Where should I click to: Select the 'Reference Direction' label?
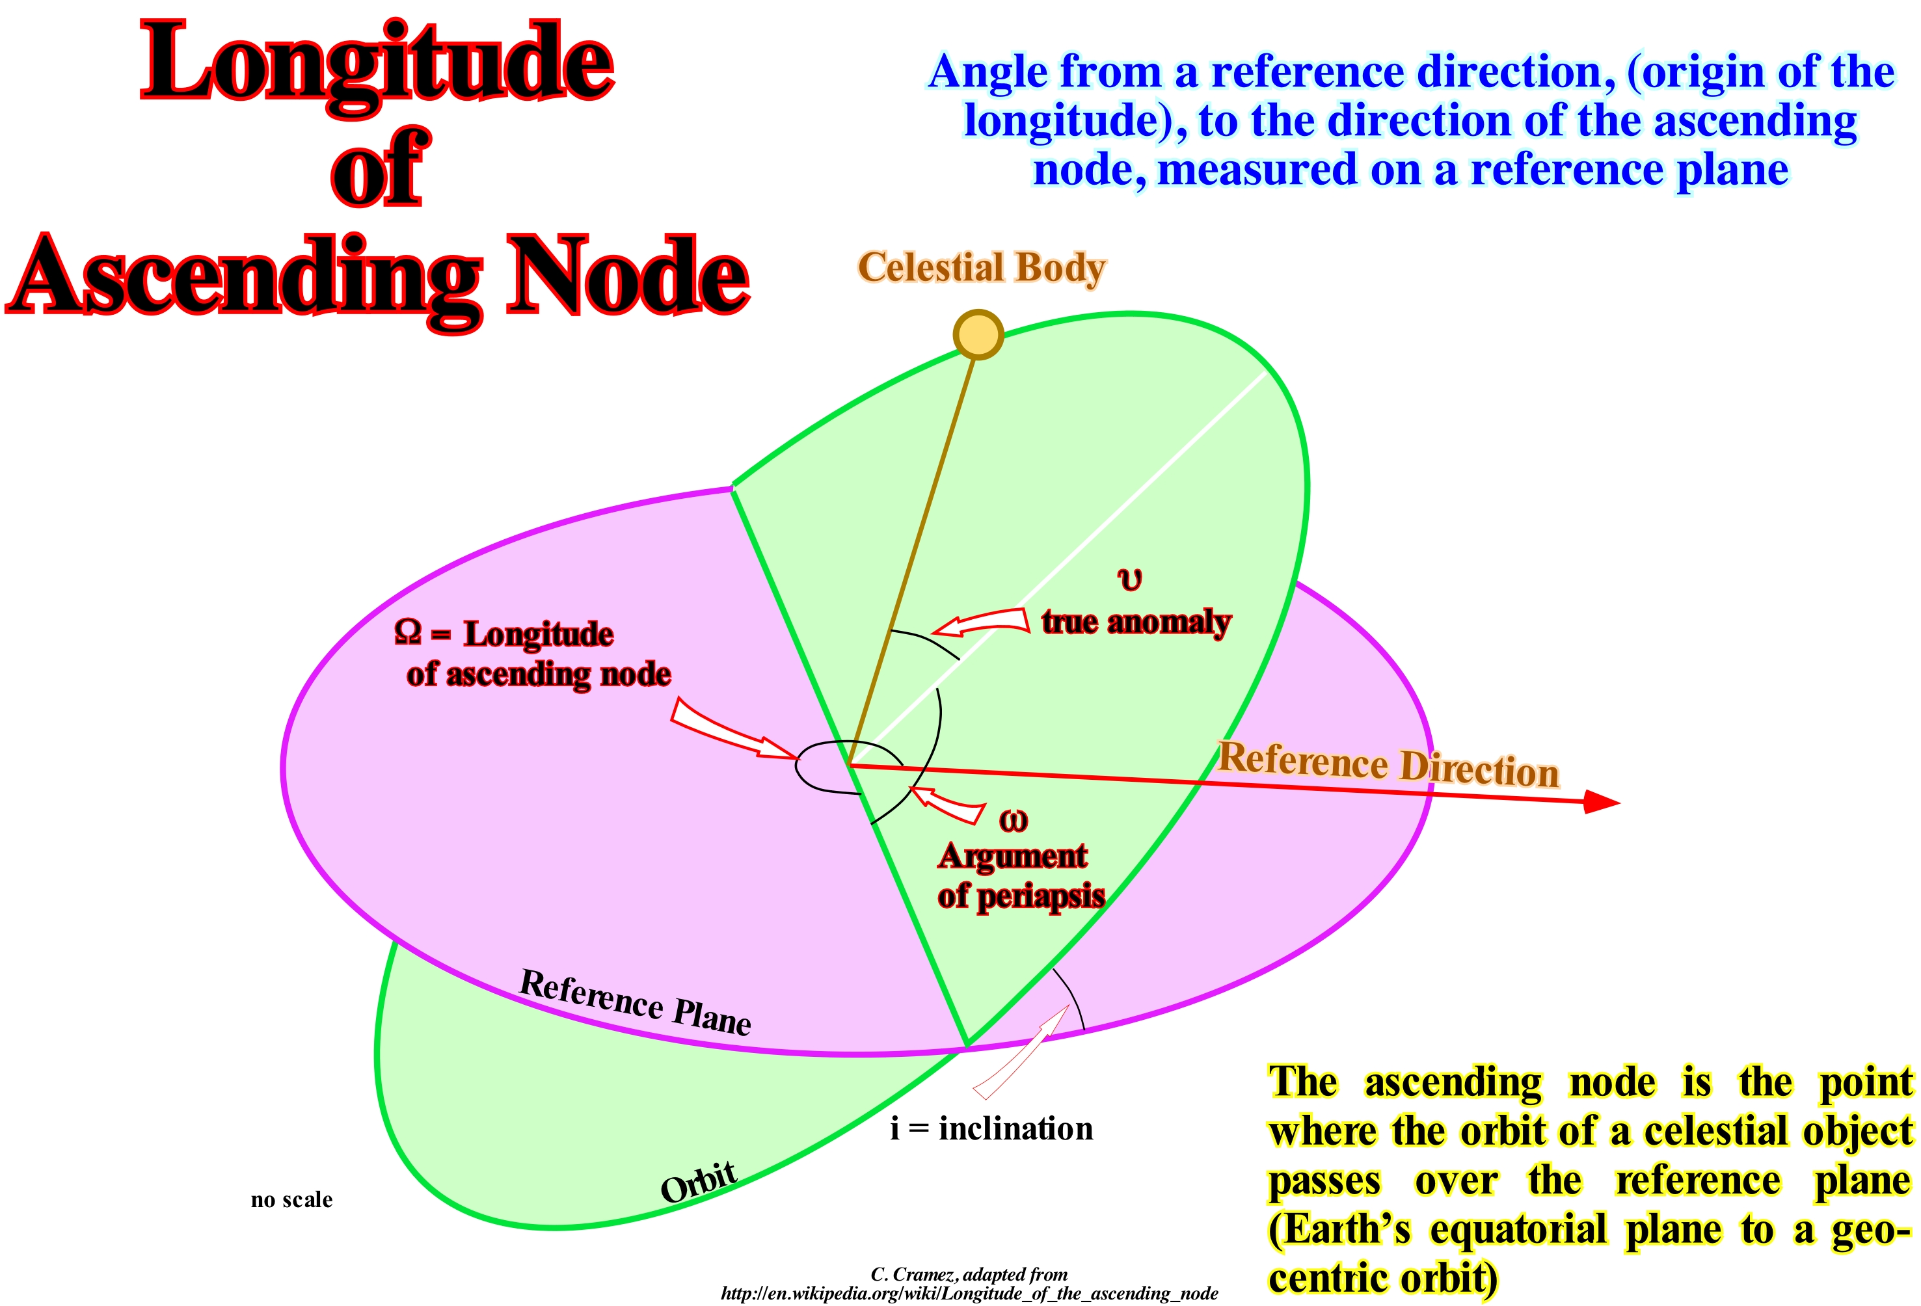click(x=1389, y=765)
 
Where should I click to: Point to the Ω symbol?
click(x=407, y=632)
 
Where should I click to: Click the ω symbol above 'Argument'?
click(x=1014, y=821)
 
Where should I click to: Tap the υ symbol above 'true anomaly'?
click(x=1129, y=580)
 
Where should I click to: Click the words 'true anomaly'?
click(x=1136, y=622)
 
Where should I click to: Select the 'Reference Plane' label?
click(x=635, y=1002)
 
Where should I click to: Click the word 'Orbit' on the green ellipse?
click(x=699, y=1182)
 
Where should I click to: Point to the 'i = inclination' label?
click(x=991, y=1128)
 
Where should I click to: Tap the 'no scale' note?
click(x=292, y=1199)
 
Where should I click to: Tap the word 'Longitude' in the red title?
click(x=377, y=66)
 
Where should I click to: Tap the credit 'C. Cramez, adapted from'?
click(x=969, y=1273)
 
